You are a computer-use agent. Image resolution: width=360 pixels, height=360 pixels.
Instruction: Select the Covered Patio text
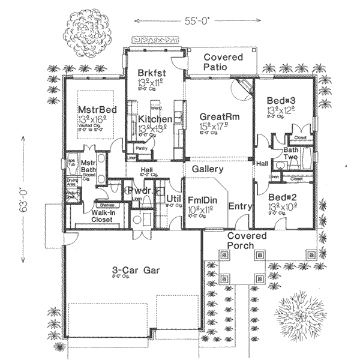click(x=223, y=62)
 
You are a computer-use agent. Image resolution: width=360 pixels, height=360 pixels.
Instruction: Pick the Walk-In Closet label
click(x=91, y=215)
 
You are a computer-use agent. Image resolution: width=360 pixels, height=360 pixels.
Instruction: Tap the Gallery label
click(x=208, y=170)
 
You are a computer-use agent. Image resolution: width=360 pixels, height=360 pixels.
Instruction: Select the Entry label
click(x=240, y=206)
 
